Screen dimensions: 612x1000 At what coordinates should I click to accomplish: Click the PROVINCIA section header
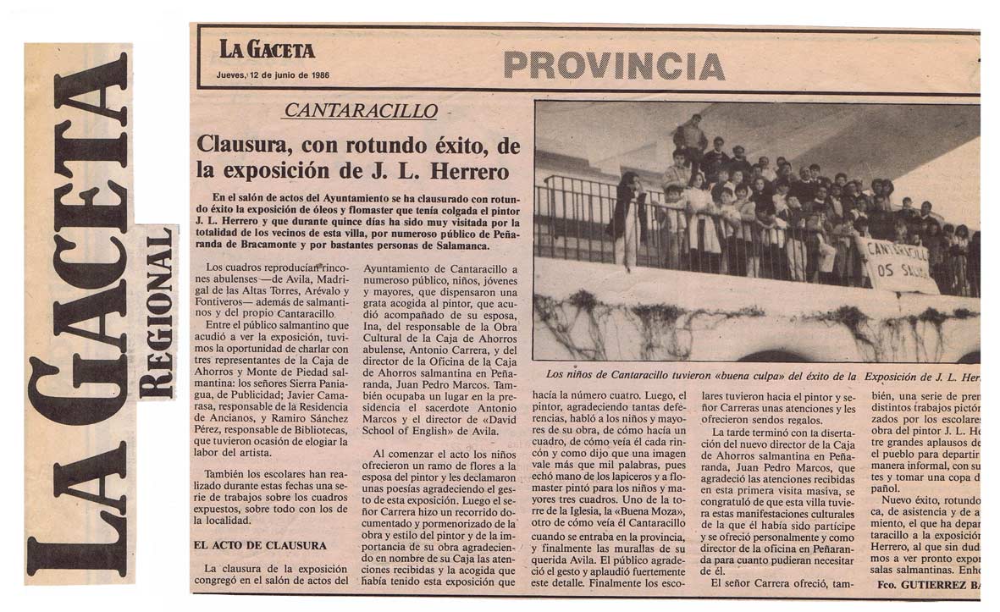[613, 65]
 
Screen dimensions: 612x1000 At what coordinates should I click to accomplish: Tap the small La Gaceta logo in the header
[267, 49]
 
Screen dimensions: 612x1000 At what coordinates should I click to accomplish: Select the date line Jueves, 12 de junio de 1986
[273, 75]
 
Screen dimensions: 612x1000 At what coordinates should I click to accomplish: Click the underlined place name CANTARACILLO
[361, 111]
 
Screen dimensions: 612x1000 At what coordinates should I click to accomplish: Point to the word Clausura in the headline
[240, 145]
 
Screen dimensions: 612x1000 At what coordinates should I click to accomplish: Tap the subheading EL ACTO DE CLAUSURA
[260, 546]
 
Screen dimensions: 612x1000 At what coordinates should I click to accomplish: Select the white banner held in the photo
[898, 264]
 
